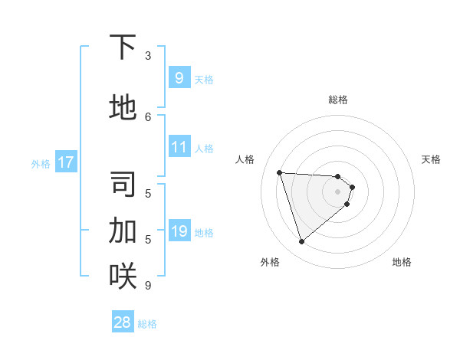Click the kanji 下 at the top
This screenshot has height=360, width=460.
point(123,47)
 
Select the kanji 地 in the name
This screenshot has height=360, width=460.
point(123,108)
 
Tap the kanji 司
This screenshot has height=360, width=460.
point(123,185)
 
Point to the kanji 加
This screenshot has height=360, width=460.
point(123,230)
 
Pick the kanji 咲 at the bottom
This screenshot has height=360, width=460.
point(123,275)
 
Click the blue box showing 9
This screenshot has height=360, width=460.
point(179,77)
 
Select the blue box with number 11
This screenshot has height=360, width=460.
point(179,147)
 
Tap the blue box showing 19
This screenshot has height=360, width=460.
point(179,231)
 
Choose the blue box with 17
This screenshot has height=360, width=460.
point(65,162)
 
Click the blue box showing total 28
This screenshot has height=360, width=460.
point(123,322)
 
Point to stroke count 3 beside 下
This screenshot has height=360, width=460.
point(148,56)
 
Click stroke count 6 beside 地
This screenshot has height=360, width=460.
point(148,116)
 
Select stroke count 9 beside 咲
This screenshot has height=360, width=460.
point(148,285)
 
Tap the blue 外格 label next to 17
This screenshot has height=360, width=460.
point(41,163)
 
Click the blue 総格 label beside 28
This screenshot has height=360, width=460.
point(147,323)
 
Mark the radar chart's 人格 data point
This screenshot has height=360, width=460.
point(279,172)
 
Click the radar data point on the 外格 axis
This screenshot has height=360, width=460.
point(301,242)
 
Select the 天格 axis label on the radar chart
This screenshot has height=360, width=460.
point(431,159)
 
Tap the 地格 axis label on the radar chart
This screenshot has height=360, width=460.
point(402,262)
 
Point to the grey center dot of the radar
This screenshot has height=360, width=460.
point(337,201)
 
